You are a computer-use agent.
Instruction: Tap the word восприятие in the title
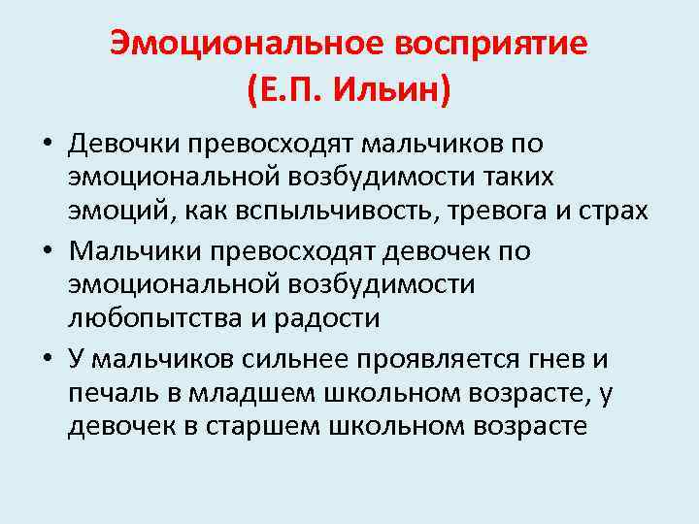pos(487,43)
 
